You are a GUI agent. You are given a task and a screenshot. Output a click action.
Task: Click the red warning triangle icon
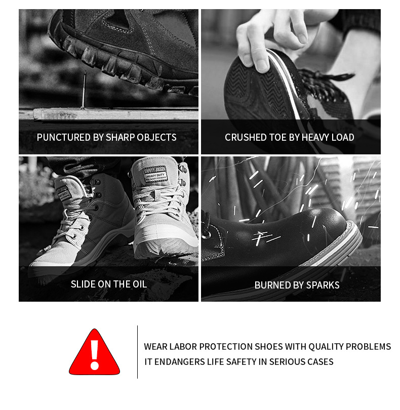click(x=95, y=353)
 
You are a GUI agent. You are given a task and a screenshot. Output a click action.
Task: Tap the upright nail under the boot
click(x=84, y=90)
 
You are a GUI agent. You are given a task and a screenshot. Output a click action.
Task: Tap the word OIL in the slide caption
click(x=140, y=284)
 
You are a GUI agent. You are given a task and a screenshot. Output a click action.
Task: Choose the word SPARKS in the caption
click(x=323, y=285)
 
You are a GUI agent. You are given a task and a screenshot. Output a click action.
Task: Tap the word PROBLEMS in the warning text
click(x=368, y=346)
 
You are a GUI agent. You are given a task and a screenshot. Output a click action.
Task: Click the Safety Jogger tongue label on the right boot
click(x=155, y=175)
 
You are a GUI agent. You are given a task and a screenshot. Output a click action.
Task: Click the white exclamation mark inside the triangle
click(x=95, y=355)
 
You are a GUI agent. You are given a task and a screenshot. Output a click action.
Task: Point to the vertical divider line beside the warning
click(x=137, y=352)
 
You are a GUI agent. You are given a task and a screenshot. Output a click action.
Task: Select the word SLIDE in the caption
click(x=83, y=284)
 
